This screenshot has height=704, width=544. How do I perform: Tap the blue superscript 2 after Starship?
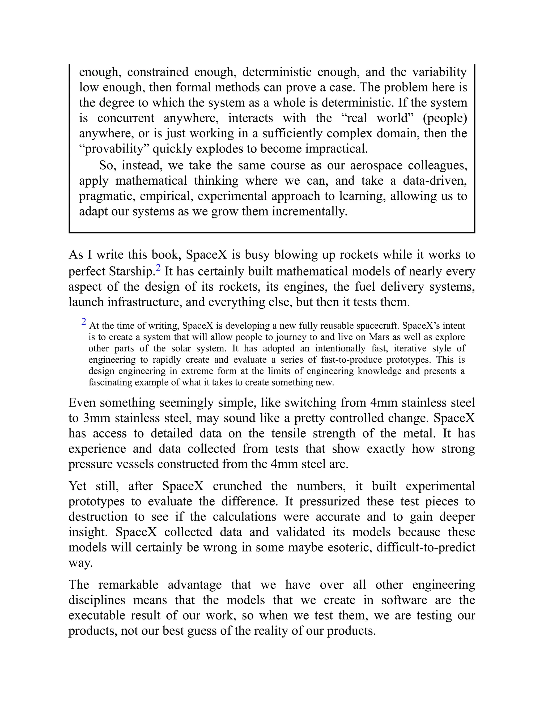tap(158, 268)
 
